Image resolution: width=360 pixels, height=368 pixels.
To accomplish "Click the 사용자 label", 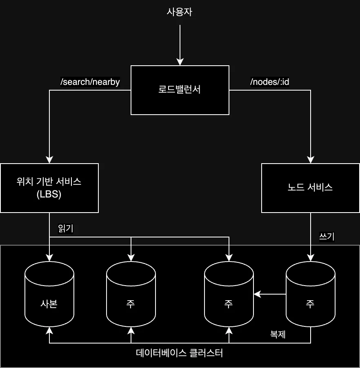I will (180, 12).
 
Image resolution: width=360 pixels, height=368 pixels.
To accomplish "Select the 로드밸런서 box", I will (180, 90).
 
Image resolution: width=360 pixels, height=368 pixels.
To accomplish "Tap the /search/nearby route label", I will (90, 82).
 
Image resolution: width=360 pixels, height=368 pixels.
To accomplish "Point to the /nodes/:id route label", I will (270, 82).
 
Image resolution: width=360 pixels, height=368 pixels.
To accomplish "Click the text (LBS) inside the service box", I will (49, 195).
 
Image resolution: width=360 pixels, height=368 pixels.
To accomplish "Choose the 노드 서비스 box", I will (310, 188).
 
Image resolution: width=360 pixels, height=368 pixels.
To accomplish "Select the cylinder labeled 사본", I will (49, 294).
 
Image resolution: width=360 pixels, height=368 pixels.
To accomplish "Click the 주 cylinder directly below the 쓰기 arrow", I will (310, 294).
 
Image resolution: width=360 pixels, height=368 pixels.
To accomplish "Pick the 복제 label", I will (278, 335).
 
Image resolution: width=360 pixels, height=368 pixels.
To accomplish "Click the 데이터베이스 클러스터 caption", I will (180, 352).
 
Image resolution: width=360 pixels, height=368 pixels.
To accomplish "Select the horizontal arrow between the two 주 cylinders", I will (269, 293).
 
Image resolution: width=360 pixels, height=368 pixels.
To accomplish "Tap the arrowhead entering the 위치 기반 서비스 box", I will (49, 160).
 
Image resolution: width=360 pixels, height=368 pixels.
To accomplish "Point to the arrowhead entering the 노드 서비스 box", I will (310, 160).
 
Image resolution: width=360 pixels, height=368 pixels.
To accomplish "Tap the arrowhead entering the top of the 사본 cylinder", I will (49, 257).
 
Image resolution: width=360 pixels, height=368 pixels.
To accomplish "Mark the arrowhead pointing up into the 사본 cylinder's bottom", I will (49, 330).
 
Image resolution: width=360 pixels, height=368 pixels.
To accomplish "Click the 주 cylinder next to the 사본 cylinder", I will (131, 294).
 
